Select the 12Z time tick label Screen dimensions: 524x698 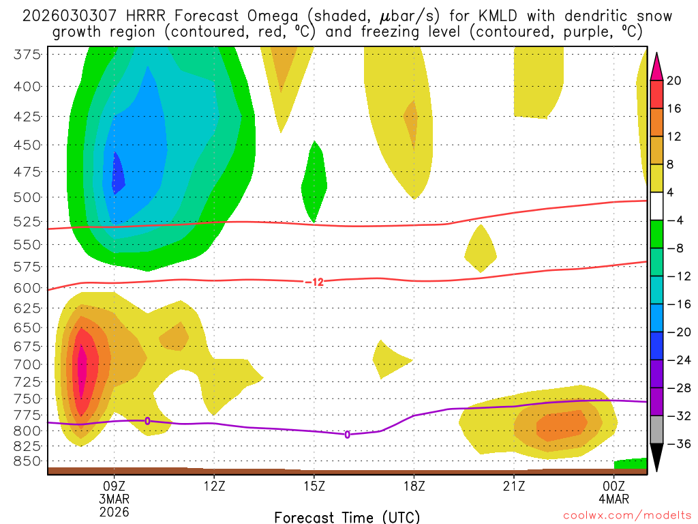coord(214,486)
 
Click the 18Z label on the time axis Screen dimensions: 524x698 coord(414,486)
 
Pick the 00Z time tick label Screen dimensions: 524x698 coord(614,486)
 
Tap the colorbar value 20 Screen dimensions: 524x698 coord(674,81)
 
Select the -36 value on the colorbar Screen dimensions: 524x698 coord(677,444)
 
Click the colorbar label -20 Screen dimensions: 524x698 coord(677,332)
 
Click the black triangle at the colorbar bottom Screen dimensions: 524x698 coord(657,458)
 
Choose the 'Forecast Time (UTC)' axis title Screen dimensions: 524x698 coord(347,516)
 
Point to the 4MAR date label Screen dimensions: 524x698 coord(615,499)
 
